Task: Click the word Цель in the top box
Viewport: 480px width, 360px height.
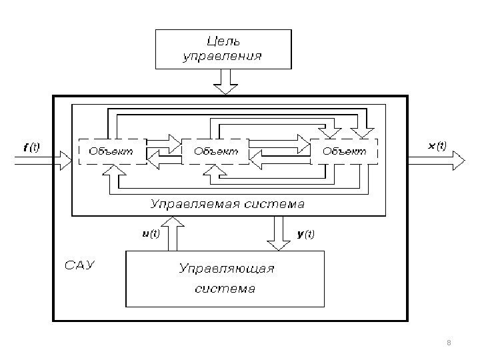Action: pos(223,42)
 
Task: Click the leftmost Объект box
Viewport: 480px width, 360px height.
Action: pos(112,151)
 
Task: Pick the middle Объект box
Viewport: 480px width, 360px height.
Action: pos(215,151)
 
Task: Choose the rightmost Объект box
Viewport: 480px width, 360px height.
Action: pos(344,151)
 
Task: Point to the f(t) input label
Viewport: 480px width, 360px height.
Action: pos(31,148)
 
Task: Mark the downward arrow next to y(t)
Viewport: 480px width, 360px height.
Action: pos(276,233)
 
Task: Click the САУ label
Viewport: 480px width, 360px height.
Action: pos(80,266)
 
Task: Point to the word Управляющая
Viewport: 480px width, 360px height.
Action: pos(227,269)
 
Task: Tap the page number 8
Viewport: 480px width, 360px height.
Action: pos(449,343)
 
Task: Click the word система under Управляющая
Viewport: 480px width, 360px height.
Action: pos(225,289)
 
